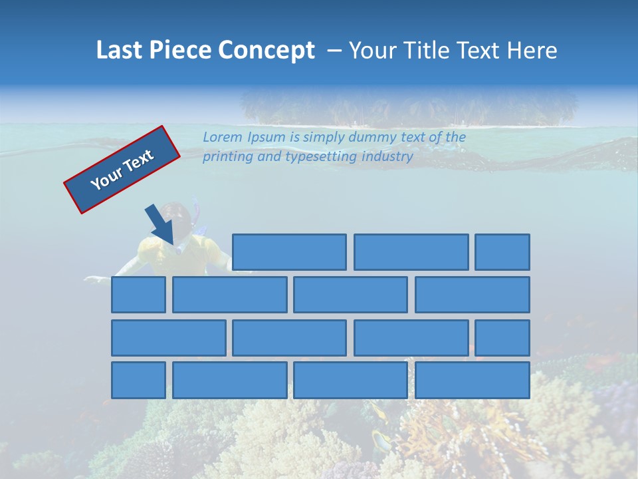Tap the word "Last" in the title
tap(120, 51)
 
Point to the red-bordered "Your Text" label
tap(122, 170)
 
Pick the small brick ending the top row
tap(502, 252)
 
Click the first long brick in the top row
tap(289, 252)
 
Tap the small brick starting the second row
tap(138, 295)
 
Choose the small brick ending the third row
tap(502, 337)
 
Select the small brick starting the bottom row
tap(138, 380)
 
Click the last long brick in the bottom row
tap(473, 380)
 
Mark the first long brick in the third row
tap(168, 337)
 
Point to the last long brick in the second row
tap(473, 295)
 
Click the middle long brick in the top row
tap(411, 252)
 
